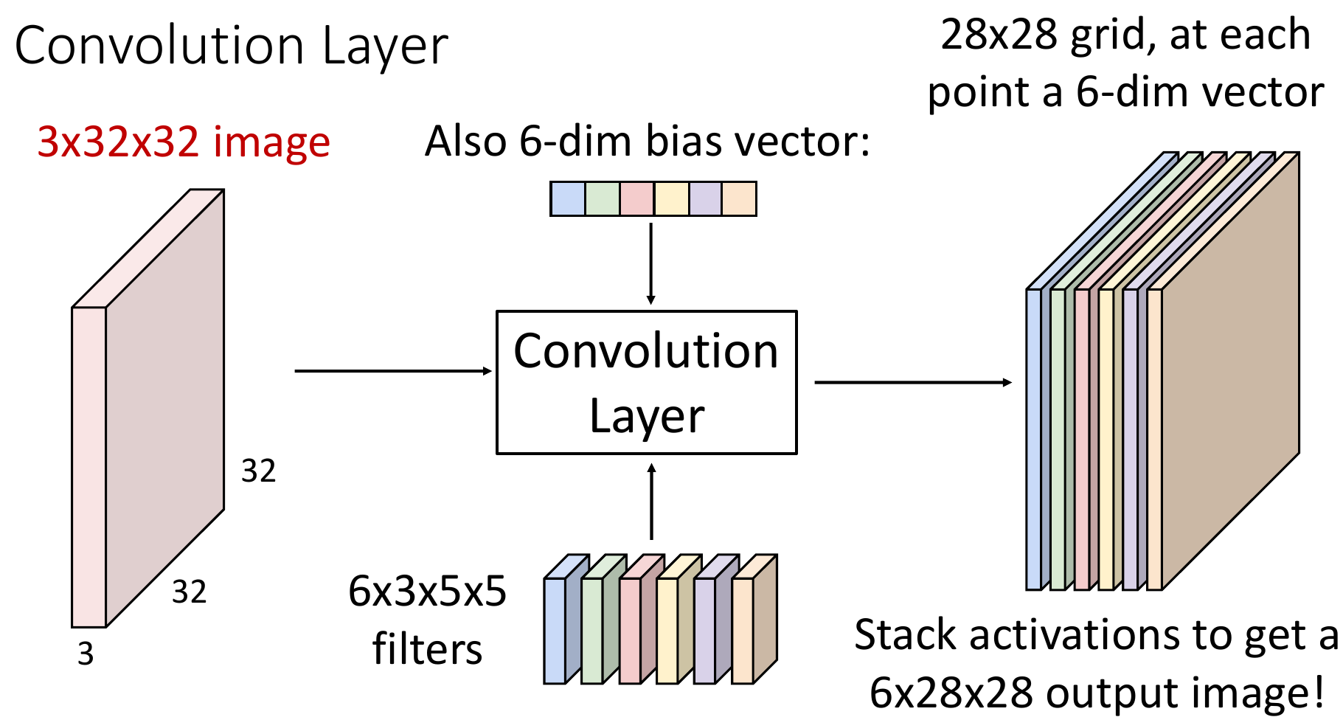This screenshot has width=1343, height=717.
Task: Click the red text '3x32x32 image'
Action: click(x=184, y=142)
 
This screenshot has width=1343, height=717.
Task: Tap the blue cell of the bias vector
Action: click(x=568, y=199)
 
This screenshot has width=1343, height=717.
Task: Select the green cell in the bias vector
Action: click(x=603, y=199)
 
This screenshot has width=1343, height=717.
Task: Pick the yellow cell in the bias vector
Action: click(x=672, y=199)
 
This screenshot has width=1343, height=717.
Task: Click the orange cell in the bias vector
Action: click(x=739, y=199)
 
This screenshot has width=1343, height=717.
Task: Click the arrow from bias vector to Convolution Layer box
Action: click(x=650, y=263)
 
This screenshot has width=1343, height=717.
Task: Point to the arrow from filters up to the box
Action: click(x=651, y=502)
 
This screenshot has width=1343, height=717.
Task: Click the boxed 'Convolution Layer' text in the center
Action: click(x=646, y=382)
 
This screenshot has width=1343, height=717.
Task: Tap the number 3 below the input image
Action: click(x=86, y=654)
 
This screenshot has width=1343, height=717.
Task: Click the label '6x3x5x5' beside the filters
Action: click(x=428, y=592)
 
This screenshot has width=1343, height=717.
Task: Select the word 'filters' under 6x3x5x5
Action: click(x=428, y=650)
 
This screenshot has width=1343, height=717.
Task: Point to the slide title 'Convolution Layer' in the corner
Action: click(x=231, y=46)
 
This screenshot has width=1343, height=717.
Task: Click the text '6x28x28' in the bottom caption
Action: click(x=951, y=693)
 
